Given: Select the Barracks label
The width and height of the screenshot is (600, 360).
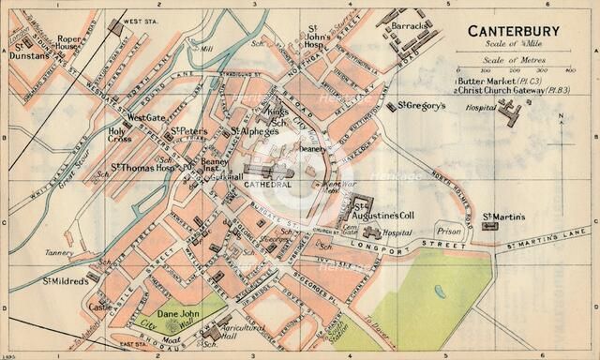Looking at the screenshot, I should click(410, 26).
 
